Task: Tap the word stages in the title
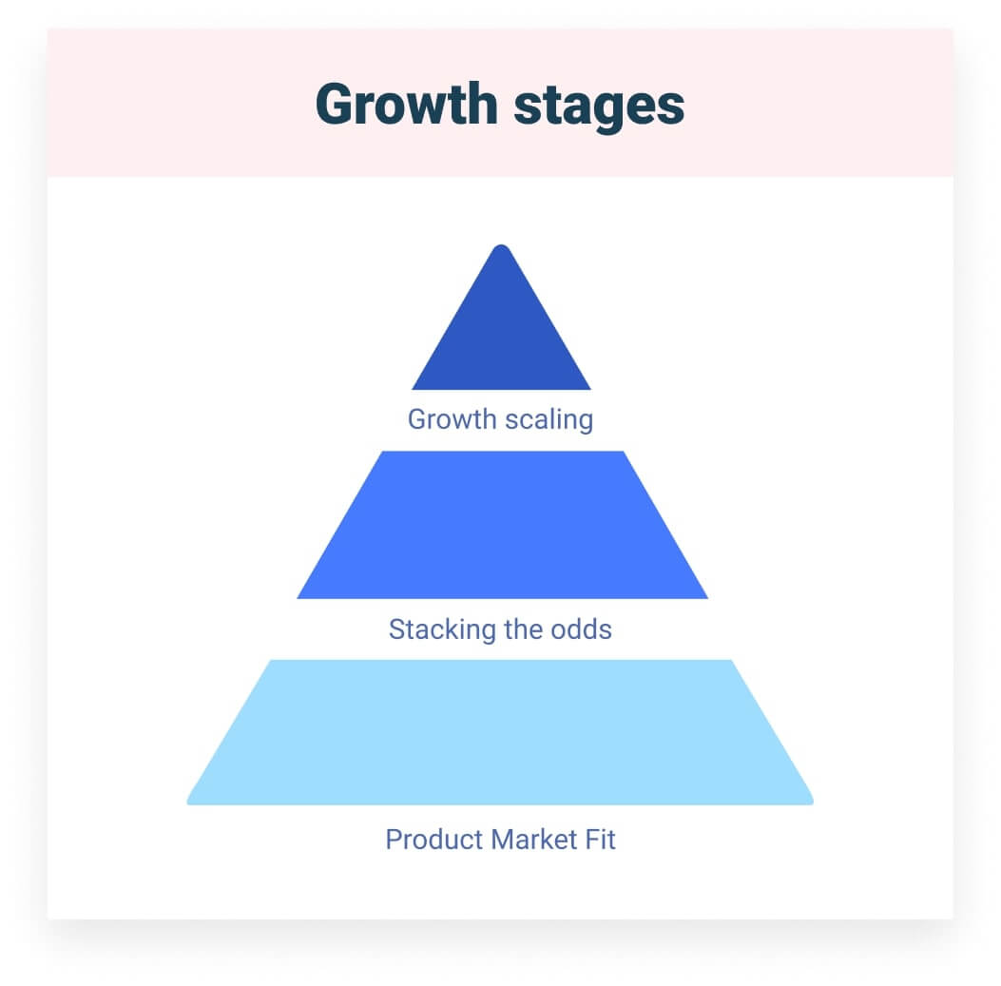tap(598, 105)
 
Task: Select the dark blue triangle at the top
tap(501, 333)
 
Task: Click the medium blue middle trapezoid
tap(502, 525)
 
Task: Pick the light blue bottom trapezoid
tap(500, 732)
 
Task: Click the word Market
tap(535, 840)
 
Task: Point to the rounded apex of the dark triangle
tap(501, 249)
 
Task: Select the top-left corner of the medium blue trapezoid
tap(382, 454)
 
